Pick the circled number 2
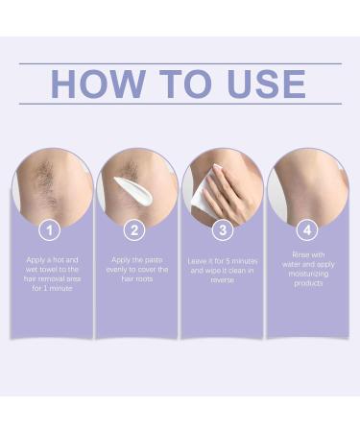(137, 230)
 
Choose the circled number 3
(222, 230)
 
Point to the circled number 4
(306, 230)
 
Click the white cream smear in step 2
(128, 188)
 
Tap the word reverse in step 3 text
(222, 280)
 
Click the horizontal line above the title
(180, 63)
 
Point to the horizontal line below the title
(180, 104)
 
